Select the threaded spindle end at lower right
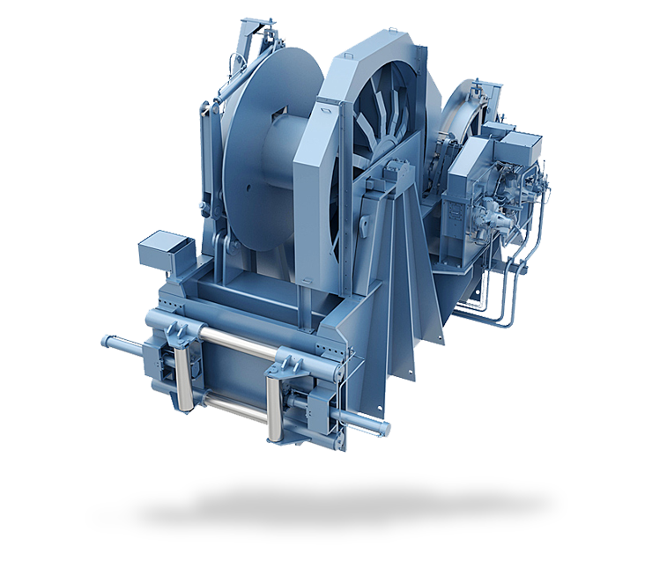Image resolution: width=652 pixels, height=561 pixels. pos(361,421)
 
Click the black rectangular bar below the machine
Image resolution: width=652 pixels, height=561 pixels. pos(325,508)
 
